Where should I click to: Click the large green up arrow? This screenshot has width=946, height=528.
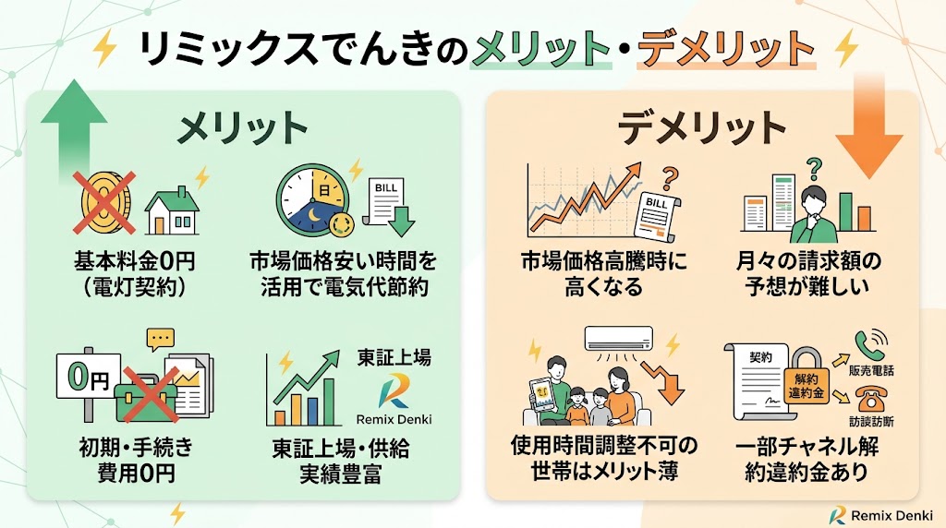[74, 129]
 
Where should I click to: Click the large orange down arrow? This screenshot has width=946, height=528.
[868, 129]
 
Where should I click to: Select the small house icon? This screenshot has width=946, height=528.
[172, 211]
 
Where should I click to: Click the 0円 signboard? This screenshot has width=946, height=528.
[88, 379]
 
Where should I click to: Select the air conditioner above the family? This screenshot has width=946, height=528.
[618, 338]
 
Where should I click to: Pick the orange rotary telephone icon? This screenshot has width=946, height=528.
[869, 399]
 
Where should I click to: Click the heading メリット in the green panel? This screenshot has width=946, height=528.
[243, 128]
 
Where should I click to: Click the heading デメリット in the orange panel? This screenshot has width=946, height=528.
[702, 128]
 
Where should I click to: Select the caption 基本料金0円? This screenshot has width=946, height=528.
[135, 261]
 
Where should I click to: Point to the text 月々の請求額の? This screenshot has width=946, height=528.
[808, 261]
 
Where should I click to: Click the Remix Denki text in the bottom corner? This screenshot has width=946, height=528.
[891, 515]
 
